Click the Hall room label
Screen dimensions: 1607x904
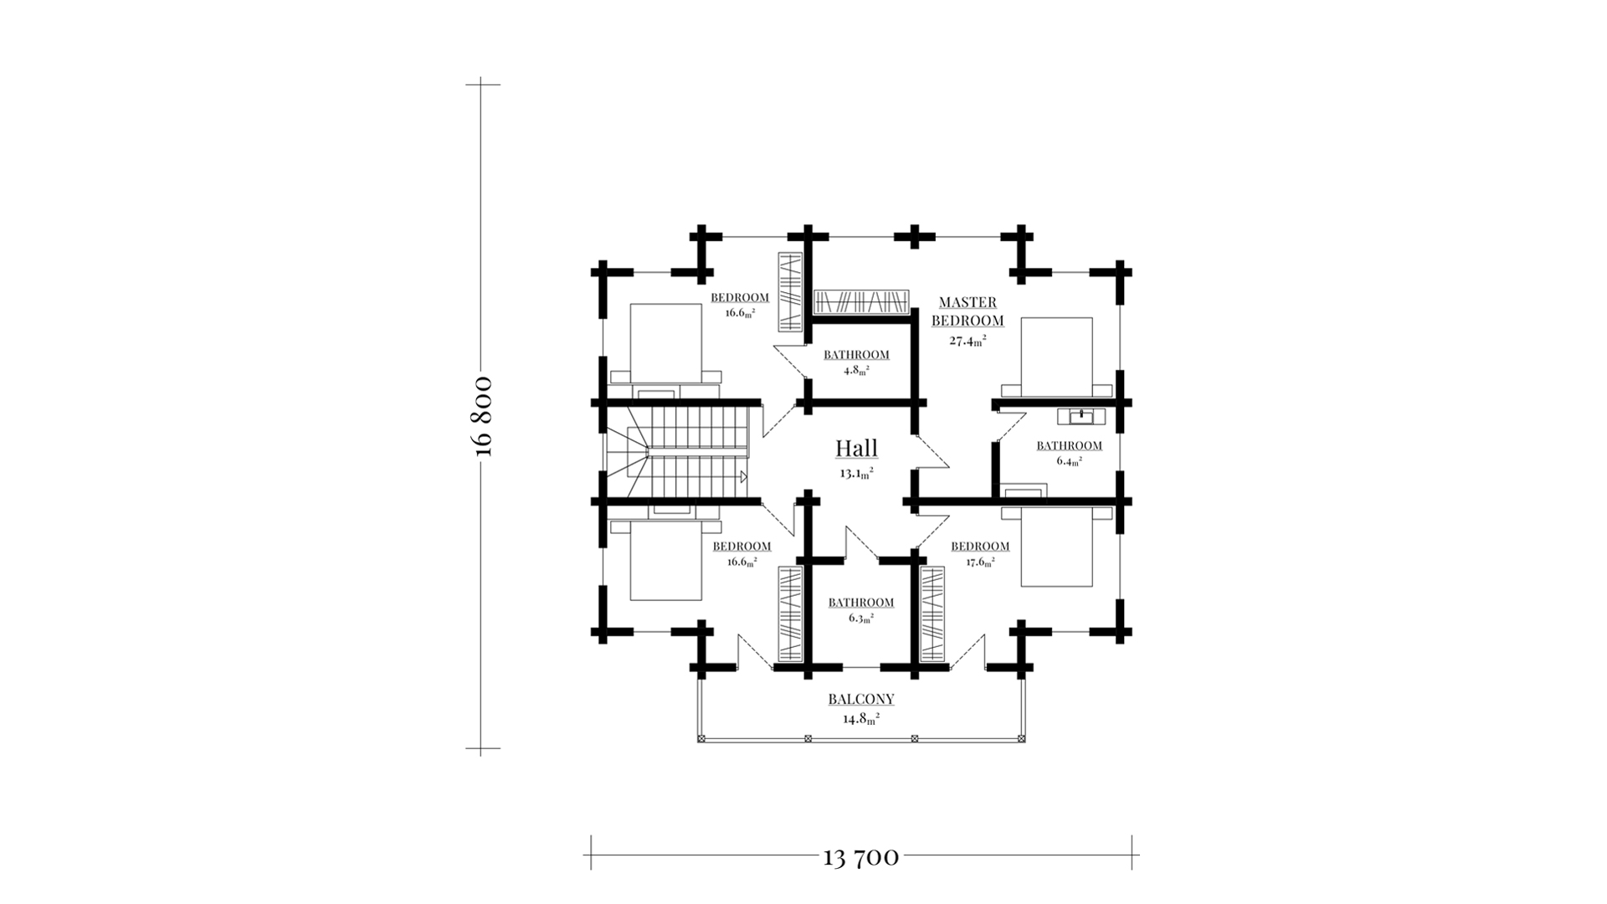[x=856, y=448]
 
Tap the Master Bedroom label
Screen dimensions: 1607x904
[x=968, y=311]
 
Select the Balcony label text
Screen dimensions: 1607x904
[x=861, y=699]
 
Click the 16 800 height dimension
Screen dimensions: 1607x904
[x=483, y=417]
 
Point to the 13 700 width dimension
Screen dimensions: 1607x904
[x=861, y=857]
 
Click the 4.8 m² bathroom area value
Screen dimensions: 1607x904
[x=856, y=370]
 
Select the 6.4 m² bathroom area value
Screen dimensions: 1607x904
[x=1069, y=460]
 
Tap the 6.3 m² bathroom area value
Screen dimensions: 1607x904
[x=861, y=618]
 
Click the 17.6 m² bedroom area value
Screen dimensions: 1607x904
[x=980, y=562]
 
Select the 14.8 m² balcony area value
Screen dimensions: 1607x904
[x=861, y=718]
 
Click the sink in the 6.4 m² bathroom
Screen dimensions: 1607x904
[x=1081, y=416]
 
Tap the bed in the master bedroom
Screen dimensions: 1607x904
[x=1057, y=357]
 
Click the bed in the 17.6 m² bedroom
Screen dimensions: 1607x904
[x=1057, y=544]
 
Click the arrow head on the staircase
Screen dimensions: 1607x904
[x=742, y=477]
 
